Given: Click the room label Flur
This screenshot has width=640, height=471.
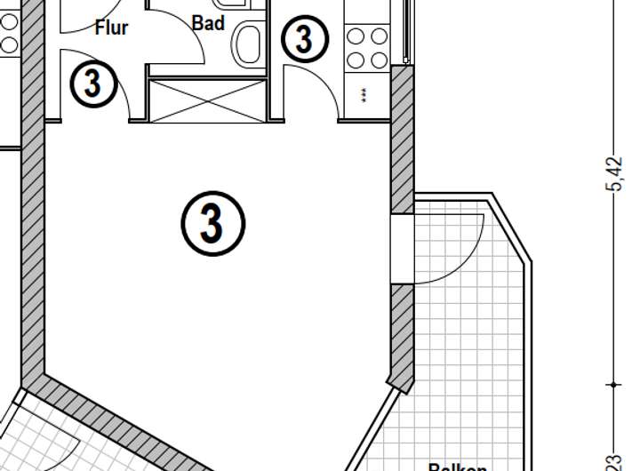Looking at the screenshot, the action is point(111,28).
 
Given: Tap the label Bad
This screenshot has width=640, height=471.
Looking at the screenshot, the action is point(208,23).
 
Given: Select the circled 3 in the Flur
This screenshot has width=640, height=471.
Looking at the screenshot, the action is point(92,84).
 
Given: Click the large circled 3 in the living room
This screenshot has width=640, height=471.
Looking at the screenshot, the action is point(212,223).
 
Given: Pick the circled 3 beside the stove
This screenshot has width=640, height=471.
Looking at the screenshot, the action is point(304,39).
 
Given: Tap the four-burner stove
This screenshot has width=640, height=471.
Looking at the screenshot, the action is point(367,48).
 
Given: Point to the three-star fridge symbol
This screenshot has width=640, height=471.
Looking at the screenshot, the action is point(364,95).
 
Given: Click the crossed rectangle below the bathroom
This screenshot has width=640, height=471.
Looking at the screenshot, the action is point(208,100).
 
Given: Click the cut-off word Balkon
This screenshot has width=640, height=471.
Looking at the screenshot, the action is point(458,466).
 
